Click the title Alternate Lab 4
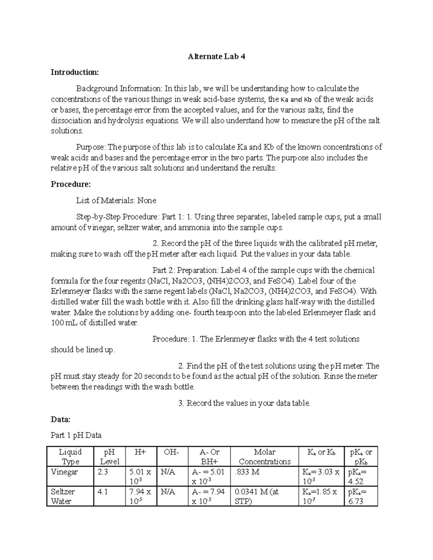(x=216, y=57)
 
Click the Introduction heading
(x=74, y=72)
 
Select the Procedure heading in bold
(x=71, y=184)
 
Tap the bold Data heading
(x=60, y=419)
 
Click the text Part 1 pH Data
(x=76, y=435)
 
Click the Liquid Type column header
(x=70, y=457)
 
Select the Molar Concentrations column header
(x=264, y=457)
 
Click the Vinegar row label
(x=64, y=472)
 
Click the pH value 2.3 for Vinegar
(x=103, y=472)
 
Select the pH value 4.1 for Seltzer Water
(x=103, y=491)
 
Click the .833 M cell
(x=247, y=472)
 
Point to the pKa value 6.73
(x=356, y=501)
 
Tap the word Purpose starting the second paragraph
(x=90, y=147)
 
